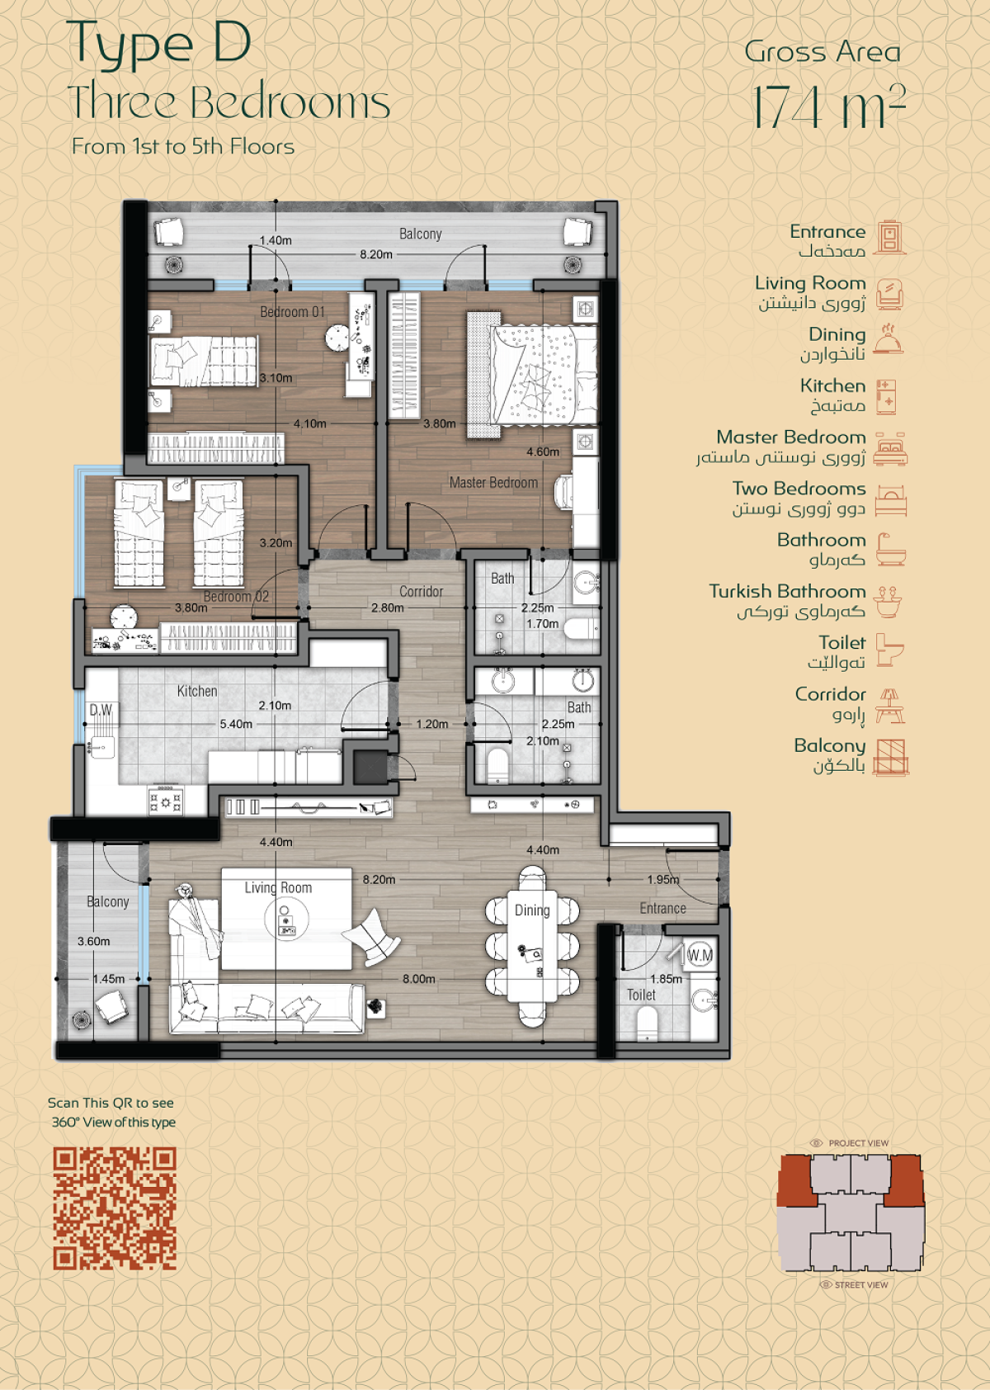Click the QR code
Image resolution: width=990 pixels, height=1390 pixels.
115,1208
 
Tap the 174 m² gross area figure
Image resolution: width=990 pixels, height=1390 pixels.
829,106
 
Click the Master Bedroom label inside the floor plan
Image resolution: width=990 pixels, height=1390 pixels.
493,482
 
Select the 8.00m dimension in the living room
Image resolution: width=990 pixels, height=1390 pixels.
419,979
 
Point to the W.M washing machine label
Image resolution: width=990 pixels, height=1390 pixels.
700,956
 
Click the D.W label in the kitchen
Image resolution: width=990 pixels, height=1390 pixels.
101,709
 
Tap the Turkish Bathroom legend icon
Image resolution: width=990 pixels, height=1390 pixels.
888,601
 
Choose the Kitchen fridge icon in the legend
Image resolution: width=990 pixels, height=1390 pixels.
886,396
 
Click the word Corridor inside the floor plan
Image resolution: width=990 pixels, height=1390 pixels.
422,591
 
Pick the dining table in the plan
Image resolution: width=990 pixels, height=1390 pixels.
532,946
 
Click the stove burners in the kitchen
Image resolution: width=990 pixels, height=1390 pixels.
165,801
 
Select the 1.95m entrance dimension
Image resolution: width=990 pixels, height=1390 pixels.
663,879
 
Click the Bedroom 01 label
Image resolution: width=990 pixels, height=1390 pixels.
292,311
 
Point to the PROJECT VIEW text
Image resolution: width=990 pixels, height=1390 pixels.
859,1143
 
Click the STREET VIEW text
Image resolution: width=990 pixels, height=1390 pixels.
861,1284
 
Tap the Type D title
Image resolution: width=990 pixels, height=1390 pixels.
158,44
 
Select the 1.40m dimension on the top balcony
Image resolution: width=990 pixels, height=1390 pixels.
276,240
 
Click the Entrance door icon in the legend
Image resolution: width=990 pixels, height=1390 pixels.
889,236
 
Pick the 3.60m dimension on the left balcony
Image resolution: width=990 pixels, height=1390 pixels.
94,941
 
